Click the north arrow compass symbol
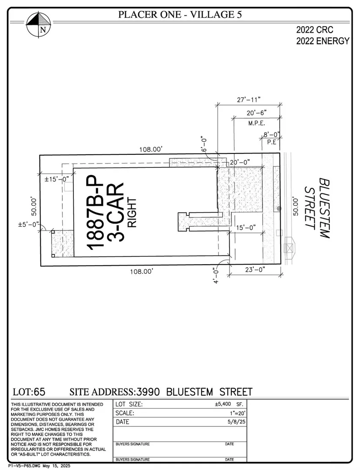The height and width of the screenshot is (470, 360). click(38, 24)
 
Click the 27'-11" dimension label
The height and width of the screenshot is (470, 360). click(249, 99)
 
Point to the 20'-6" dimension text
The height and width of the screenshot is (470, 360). click(257, 113)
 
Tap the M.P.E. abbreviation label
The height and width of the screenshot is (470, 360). click(257, 123)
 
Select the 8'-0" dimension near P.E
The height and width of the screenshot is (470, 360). click(271, 135)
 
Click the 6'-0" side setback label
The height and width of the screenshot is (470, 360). click(204, 145)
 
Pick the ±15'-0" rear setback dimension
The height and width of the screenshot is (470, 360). click(57, 179)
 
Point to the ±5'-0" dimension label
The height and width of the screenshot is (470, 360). click(29, 224)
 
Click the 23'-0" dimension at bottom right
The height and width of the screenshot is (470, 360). click(255, 270)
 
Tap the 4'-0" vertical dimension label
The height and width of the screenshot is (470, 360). click(216, 275)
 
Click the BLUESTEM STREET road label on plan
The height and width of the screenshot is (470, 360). click(317, 208)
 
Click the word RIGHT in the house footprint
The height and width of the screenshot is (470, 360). click(132, 212)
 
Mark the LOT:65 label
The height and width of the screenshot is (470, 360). click(29, 392)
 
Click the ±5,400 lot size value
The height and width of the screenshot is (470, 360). click(223, 404)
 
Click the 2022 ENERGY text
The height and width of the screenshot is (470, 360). click(323, 41)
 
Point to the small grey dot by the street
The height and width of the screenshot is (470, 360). click(279, 208)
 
